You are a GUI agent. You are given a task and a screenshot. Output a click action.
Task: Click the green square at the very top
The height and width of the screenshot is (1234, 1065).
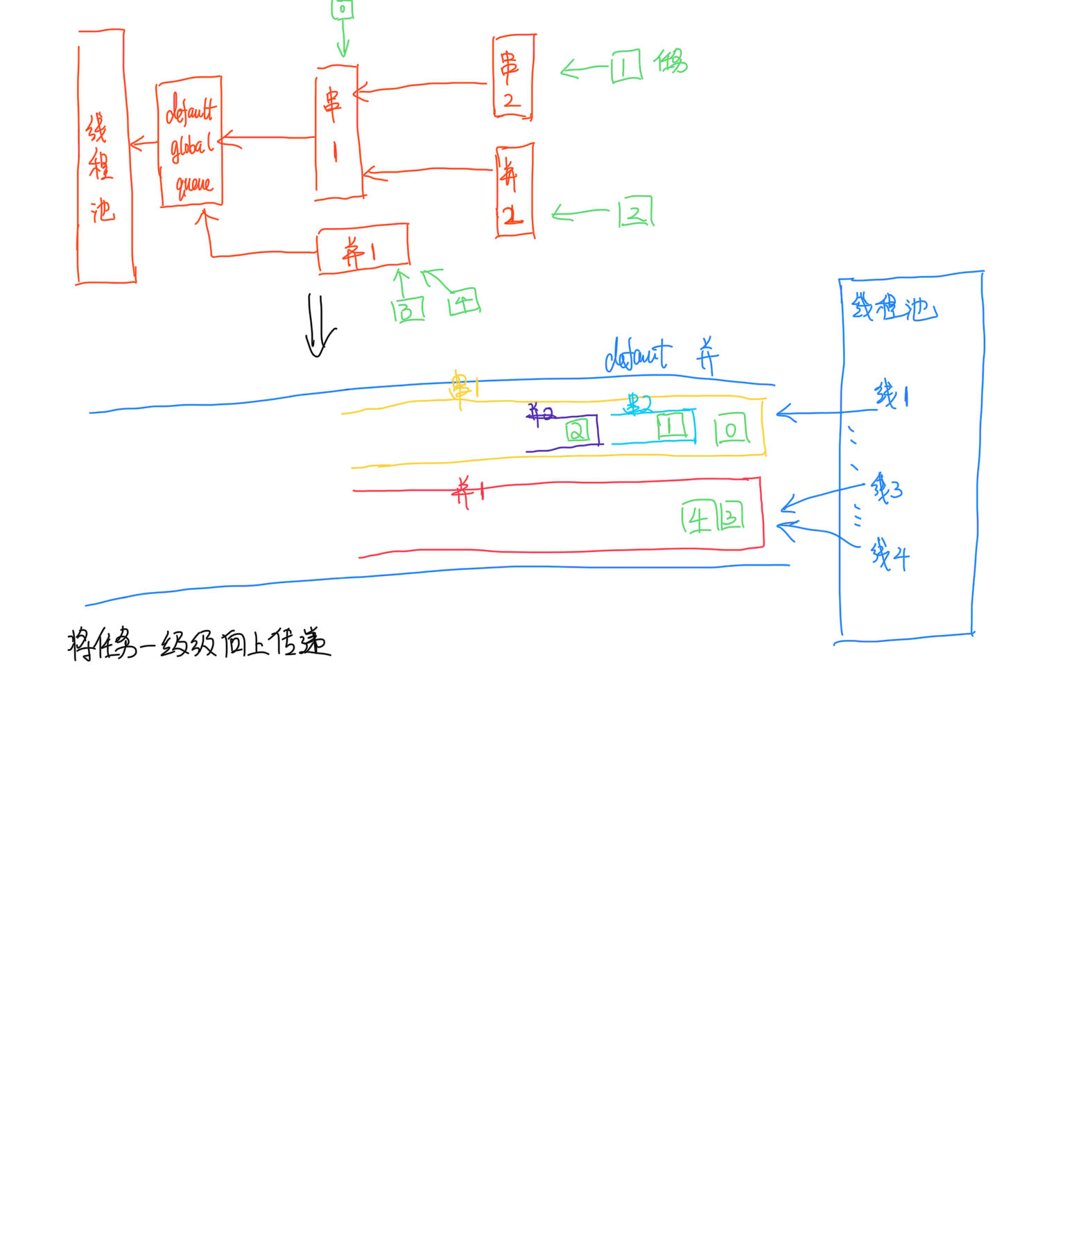pos(342,10)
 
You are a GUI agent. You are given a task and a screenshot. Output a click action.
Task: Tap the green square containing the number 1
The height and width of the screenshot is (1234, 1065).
pos(627,66)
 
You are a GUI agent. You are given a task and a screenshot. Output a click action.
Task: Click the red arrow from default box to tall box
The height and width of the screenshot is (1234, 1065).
pos(143,144)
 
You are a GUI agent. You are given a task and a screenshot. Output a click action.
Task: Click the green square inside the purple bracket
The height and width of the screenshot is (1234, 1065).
pos(578,431)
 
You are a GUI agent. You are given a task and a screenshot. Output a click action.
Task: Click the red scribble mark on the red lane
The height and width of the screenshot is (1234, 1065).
pos(467,492)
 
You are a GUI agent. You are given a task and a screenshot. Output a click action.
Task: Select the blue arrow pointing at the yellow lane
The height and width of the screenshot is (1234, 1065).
pos(804,415)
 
